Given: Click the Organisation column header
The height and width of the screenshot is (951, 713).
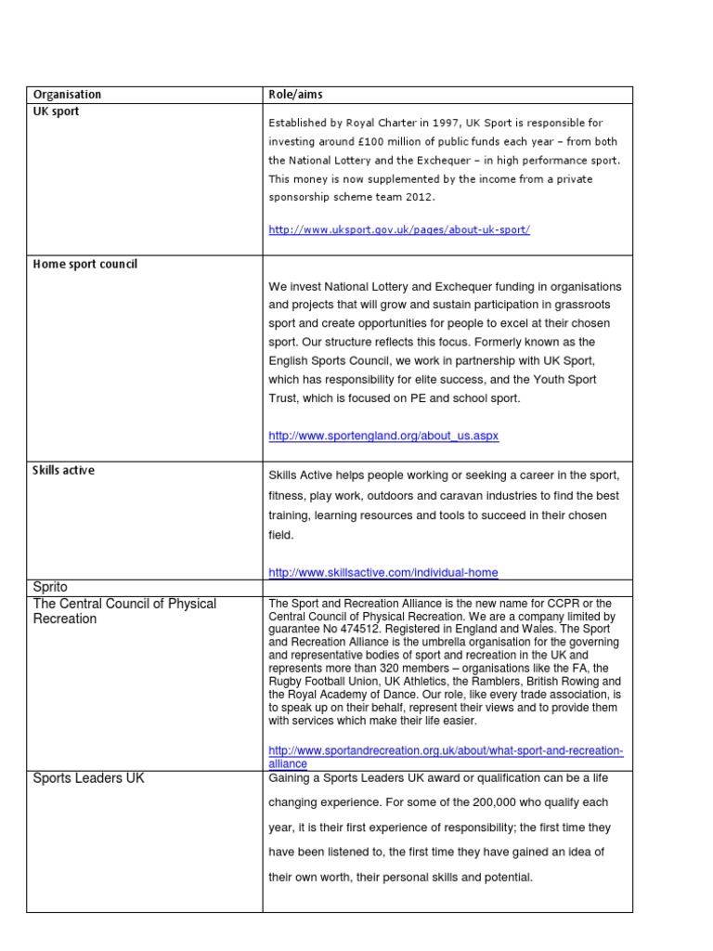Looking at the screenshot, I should [x=67, y=95].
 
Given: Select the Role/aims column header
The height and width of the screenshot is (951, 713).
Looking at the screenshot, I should [x=295, y=95].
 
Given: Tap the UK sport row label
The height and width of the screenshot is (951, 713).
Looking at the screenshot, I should [x=56, y=111].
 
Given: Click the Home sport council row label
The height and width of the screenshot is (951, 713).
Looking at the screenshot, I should [x=84, y=264].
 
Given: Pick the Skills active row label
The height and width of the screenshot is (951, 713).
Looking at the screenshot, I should [x=63, y=470].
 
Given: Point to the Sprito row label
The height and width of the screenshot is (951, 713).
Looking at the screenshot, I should [x=50, y=587].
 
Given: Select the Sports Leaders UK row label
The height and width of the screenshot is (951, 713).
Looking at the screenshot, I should [x=88, y=778].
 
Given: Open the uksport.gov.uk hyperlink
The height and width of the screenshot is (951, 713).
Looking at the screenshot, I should [x=399, y=229].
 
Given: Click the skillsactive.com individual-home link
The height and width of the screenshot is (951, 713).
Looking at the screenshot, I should [x=389, y=572].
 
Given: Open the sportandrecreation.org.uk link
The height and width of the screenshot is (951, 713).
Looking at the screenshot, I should [x=446, y=756].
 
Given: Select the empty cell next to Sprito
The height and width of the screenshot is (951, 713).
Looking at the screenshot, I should [x=447, y=587].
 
